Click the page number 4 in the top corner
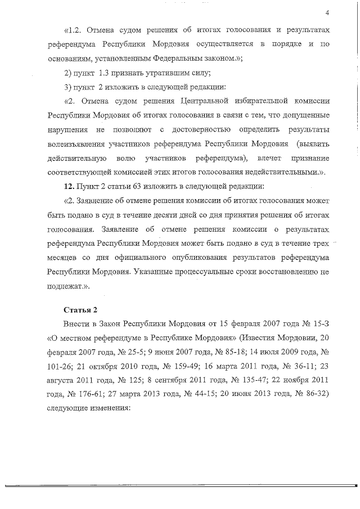[326, 13]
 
